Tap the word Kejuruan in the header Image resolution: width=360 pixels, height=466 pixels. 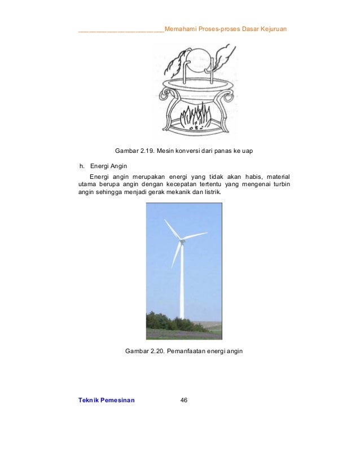click(272, 29)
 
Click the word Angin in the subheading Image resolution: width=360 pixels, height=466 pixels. click(117, 166)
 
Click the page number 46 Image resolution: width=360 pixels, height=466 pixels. click(183, 400)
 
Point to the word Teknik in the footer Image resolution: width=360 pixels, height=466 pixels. click(89, 400)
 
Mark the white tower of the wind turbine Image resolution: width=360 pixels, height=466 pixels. click(182, 288)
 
